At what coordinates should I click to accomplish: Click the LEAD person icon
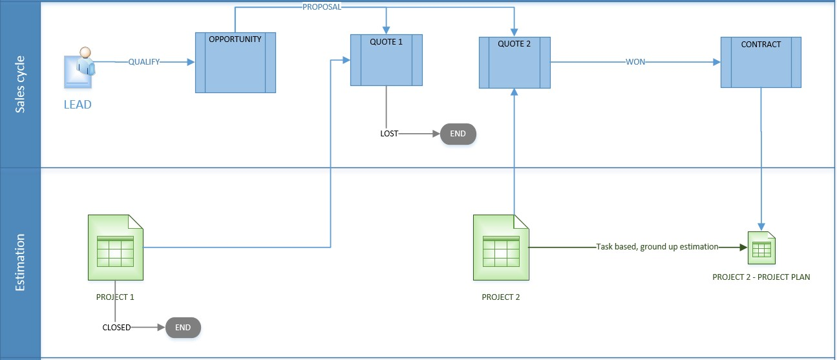point(79,67)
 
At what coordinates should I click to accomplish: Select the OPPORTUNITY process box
point(235,62)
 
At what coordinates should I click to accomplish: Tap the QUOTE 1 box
point(386,59)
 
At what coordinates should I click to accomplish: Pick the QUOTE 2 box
point(514,63)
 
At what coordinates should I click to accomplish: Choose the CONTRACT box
point(761,62)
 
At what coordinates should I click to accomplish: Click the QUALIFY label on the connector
point(143,62)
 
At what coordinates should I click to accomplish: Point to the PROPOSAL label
point(322,7)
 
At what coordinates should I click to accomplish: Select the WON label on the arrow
point(635,62)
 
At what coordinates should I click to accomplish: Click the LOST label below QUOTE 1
point(389,134)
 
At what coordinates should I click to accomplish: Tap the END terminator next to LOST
point(458,134)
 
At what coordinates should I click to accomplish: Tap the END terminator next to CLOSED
point(183,328)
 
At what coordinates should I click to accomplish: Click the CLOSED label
point(116,328)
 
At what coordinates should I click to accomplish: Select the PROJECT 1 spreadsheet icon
point(115,248)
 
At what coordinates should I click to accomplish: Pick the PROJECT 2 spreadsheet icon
point(501,248)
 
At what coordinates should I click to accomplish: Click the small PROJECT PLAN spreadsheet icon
point(761,248)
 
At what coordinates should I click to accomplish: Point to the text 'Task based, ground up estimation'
point(657,247)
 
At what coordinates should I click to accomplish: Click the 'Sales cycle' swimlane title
point(20,84)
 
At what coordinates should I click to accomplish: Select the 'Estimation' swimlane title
point(20,262)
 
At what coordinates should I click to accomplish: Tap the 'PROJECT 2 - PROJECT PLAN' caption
point(761,277)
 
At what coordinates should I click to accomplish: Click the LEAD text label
point(78,104)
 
